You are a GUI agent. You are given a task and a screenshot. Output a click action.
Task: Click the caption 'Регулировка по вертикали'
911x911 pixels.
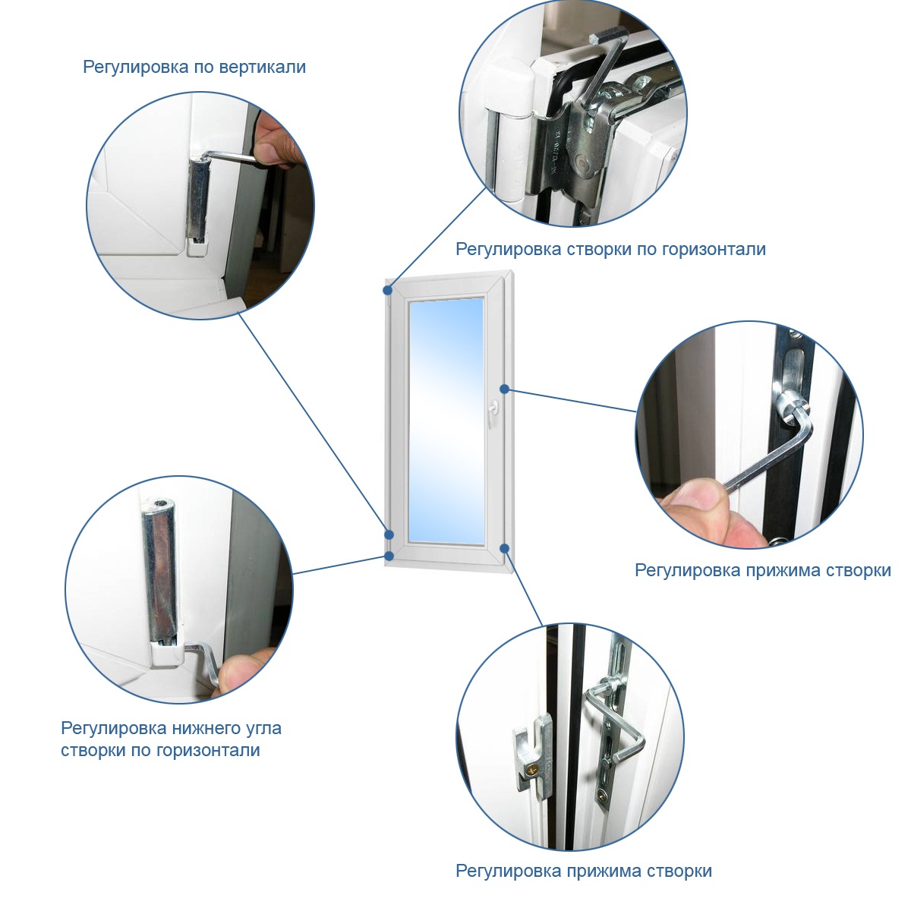click(x=194, y=67)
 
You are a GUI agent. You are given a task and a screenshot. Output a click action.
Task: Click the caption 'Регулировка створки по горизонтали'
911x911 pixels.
click(x=610, y=249)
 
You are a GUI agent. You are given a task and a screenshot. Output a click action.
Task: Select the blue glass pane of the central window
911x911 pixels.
click(x=446, y=421)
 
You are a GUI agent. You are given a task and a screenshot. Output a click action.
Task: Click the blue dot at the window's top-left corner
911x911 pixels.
click(x=389, y=289)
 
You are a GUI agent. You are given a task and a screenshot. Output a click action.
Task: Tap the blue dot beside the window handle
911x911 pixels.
click(x=504, y=389)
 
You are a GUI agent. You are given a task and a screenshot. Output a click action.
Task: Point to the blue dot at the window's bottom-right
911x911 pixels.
click(x=504, y=548)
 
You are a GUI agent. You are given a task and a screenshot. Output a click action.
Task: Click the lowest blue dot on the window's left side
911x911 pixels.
click(x=389, y=556)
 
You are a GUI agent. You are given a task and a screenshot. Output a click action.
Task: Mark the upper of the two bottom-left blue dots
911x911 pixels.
click(x=389, y=534)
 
